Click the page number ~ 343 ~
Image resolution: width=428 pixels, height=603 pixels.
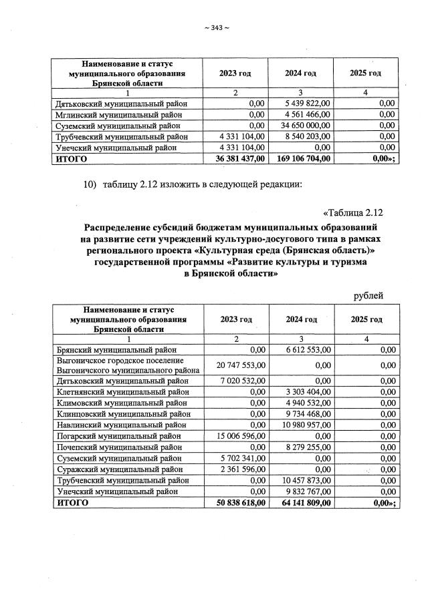pos(216,27)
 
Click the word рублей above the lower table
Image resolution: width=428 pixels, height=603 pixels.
pos(368,295)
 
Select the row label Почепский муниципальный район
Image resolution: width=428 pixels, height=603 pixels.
pos(117,447)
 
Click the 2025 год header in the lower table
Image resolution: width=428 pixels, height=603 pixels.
pos(366,319)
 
